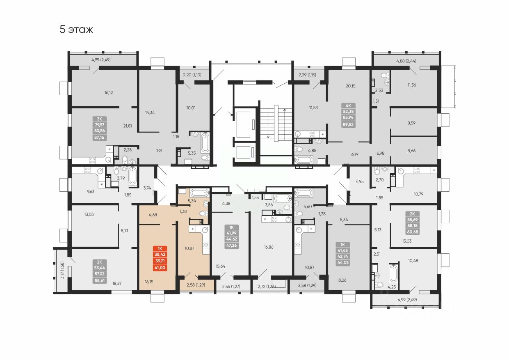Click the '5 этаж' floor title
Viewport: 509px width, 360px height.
(77, 30)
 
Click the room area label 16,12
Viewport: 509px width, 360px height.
(109, 93)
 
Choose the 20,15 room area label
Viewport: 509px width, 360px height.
(351, 86)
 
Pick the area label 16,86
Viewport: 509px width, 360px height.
(269, 248)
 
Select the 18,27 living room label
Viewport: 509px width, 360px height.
(117, 283)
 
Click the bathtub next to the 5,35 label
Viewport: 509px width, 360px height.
(205, 144)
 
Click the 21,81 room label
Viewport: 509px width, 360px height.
(127, 126)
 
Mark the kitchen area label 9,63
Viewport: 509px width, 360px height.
(90, 191)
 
